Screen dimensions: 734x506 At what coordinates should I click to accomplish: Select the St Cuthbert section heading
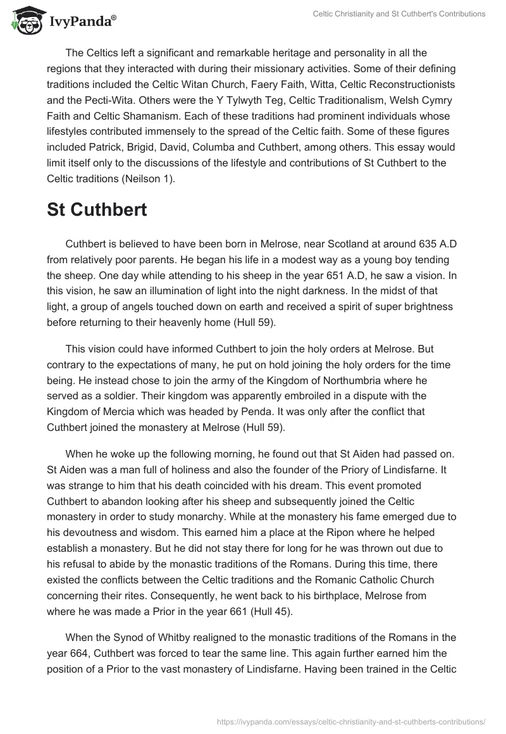[x=97, y=210]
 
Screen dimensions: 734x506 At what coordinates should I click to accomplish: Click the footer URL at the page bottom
[x=351, y=720]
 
